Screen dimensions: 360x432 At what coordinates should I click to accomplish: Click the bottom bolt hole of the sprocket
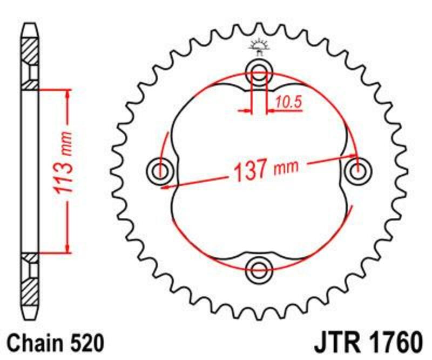click(x=259, y=269)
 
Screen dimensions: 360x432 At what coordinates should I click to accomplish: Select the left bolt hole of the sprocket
click(x=160, y=171)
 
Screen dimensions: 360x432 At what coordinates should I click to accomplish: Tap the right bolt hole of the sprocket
click(x=358, y=171)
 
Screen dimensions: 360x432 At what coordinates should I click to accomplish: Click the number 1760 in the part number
click(x=395, y=343)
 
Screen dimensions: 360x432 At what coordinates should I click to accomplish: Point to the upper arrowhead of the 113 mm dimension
click(x=67, y=94)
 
